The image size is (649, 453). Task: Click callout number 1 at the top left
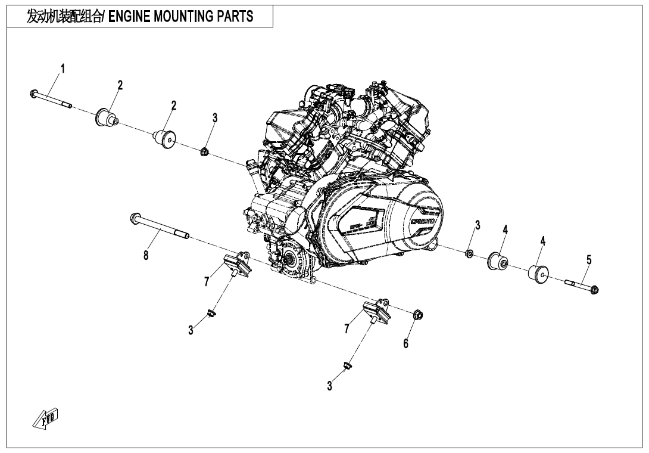63,69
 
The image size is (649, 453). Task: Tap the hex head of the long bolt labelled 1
33,93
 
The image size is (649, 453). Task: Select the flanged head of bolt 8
135,218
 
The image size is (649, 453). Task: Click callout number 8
145,256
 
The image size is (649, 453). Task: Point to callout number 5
589,260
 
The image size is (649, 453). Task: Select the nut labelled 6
417,314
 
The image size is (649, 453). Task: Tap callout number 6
406,343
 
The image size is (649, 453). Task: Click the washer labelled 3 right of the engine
469,254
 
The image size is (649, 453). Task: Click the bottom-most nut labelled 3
347,365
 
